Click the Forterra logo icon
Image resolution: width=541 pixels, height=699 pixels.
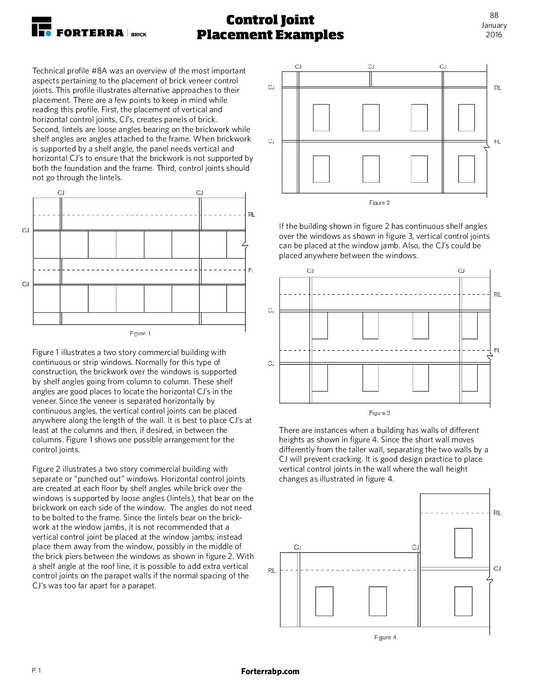[41, 26]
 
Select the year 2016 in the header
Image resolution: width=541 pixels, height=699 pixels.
[494, 35]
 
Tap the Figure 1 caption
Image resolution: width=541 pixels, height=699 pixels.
[140, 333]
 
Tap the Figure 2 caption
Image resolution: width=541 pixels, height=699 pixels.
[379, 203]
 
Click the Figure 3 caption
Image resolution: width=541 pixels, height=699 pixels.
[379, 413]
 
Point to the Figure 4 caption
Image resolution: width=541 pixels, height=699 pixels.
[385, 637]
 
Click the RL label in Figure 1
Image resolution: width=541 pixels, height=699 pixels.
[252, 214]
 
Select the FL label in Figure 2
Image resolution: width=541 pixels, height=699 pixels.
[497, 141]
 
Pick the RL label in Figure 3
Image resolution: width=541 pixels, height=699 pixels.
[498, 294]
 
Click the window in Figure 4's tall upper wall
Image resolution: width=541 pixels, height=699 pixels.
[463, 543]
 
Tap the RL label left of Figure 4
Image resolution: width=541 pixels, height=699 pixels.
[271, 570]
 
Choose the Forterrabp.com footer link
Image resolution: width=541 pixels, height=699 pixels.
[270, 671]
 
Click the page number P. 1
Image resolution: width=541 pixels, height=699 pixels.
[36, 670]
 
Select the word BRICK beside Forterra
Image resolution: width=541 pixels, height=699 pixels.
[139, 35]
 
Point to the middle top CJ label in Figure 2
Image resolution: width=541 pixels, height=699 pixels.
[371, 67]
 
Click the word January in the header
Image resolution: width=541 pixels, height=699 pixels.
[494, 25]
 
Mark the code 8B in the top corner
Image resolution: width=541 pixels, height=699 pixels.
[494, 15]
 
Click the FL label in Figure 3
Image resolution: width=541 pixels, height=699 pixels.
[497, 350]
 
